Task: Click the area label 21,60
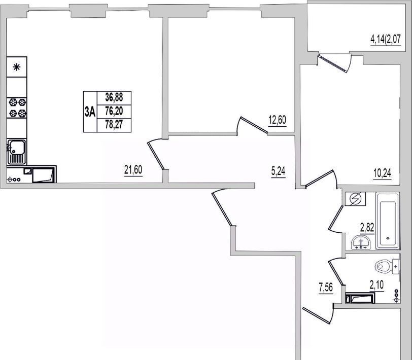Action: click(x=133, y=170)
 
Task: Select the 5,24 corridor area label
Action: click(x=278, y=171)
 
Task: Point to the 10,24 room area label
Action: click(x=382, y=173)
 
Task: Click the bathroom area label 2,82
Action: click(x=367, y=227)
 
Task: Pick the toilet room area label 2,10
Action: click(x=377, y=285)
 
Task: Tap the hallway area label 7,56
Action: click(x=326, y=288)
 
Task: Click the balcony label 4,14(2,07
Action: click(x=386, y=40)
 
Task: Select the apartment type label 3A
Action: click(x=90, y=112)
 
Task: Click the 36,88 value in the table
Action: click(x=114, y=97)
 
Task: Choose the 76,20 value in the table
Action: click(x=114, y=112)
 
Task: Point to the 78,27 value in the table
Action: click(x=114, y=124)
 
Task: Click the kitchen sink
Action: click(x=17, y=152)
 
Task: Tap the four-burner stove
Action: click(x=17, y=107)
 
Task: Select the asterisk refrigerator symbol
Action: click(x=17, y=67)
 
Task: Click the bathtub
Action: click(x=388, y=221)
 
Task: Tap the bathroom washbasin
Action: click(x=361, y=242)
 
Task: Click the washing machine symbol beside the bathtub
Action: click(x=356, y=199)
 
